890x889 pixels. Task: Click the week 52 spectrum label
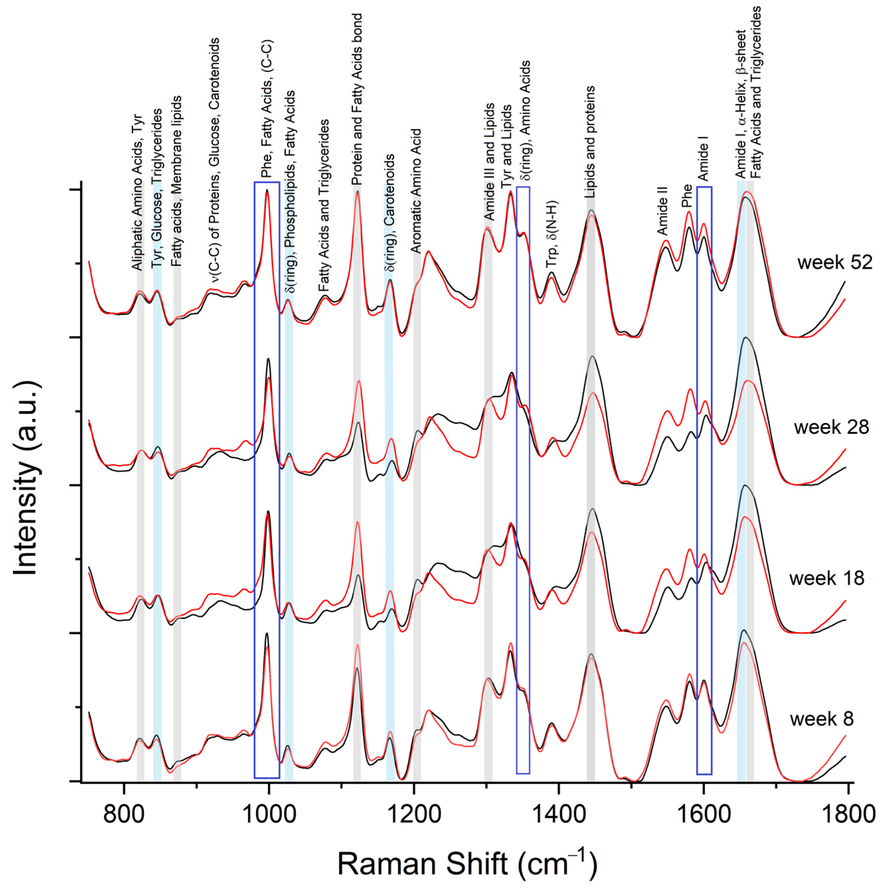coord(834,262)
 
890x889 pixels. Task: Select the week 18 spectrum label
coord(827,578)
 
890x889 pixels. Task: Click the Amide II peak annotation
coord(662,211)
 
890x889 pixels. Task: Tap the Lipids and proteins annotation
coord(590,142)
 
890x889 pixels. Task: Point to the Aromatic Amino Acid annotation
coord(416,191)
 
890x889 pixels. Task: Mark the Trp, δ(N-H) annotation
coord(552,234)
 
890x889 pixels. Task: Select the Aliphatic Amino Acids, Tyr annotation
coord(137,192)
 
